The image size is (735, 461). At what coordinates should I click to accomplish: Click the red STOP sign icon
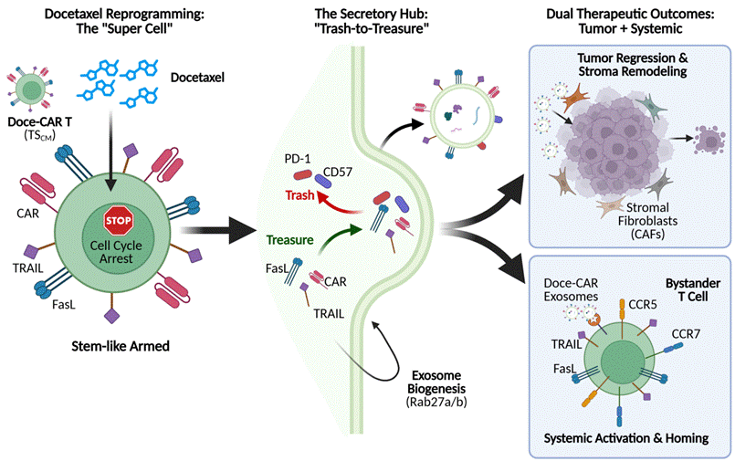click(119, 220)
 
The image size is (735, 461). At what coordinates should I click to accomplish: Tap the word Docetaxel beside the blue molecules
click(197, 78)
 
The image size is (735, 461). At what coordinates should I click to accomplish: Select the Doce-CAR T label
click(40, 121)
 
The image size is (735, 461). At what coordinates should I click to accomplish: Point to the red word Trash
click(299, 194)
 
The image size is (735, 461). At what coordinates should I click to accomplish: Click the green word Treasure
click(289, 240)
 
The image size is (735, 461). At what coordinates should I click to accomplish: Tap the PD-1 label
click(297, 159)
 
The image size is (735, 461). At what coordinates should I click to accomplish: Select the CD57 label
click(338, 172)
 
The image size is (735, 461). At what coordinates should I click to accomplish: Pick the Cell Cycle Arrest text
click(116, 252)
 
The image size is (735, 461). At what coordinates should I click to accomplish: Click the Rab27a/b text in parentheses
click(436, 402)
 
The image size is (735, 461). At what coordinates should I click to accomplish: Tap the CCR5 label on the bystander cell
click(643, 305)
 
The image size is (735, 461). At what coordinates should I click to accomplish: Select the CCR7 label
click(686, 334)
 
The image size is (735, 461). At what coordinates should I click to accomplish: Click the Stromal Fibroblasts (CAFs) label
click(647, 220)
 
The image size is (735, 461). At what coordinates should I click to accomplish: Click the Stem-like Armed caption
click(121, 346)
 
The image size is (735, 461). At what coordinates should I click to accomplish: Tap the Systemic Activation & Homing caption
click(626, 438)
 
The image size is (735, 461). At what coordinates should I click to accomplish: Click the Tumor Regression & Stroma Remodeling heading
click(633, 65)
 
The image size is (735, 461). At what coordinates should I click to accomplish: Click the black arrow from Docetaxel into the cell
click(110, 151)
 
